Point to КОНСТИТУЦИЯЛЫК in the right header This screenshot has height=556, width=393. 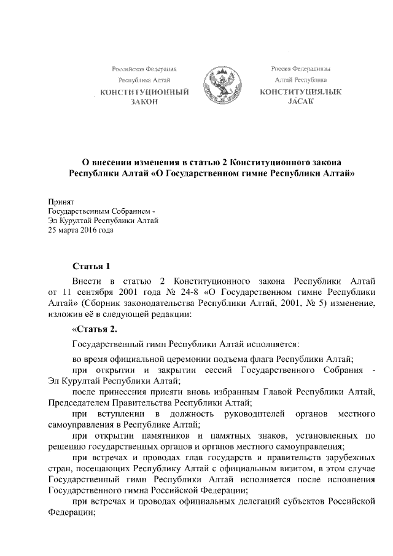(300, 92)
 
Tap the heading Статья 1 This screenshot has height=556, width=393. (91, 266)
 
